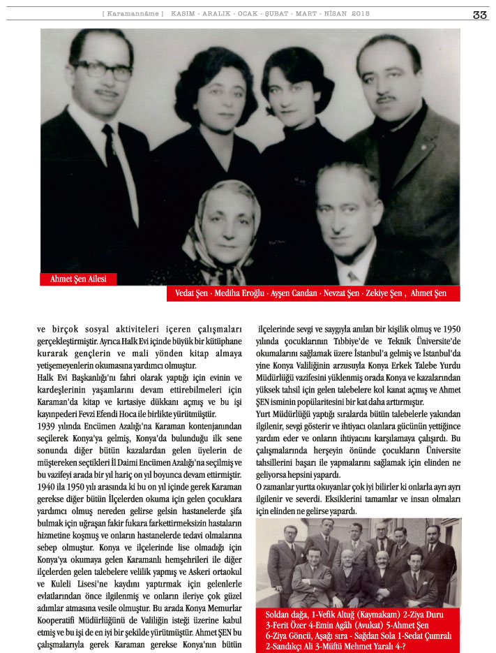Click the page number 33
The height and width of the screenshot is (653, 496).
point(479,15)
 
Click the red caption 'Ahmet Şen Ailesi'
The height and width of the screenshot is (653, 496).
point(78,279)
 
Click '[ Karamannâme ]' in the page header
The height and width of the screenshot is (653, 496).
point(133,14)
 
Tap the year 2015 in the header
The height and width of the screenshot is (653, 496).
point(361,14)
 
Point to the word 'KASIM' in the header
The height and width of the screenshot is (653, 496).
point(184,14)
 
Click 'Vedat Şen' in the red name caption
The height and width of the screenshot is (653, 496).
point(191,294)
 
